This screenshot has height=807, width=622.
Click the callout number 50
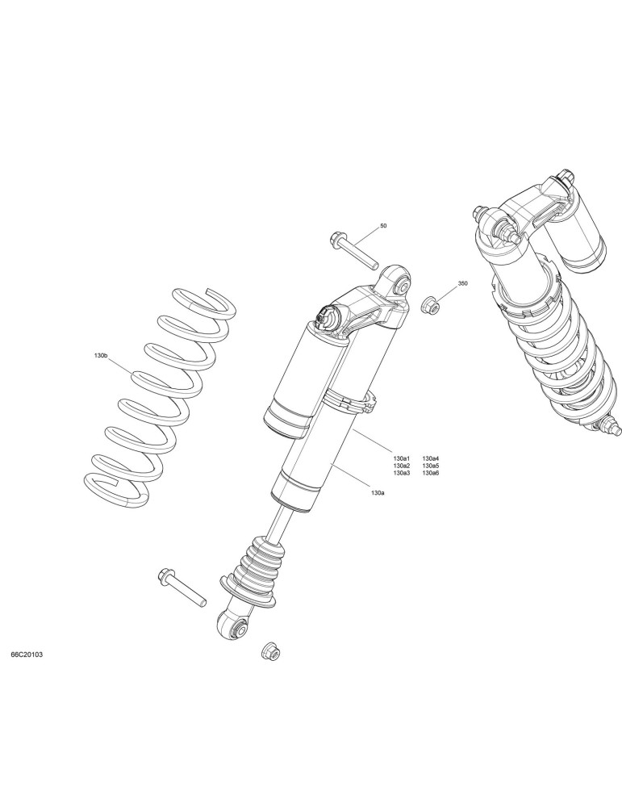(x=383, y=226)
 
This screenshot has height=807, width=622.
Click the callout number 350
(x=463, y=283)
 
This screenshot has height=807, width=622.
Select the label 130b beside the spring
(x=100, y=356)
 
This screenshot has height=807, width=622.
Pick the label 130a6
(x=431, y=472)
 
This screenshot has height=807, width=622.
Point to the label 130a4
(x=431, y=458)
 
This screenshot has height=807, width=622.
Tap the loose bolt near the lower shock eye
(x=182, y=587)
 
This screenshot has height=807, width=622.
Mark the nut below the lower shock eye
(x=270, y=652)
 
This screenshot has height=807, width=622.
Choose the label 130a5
(x=431, y=466)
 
